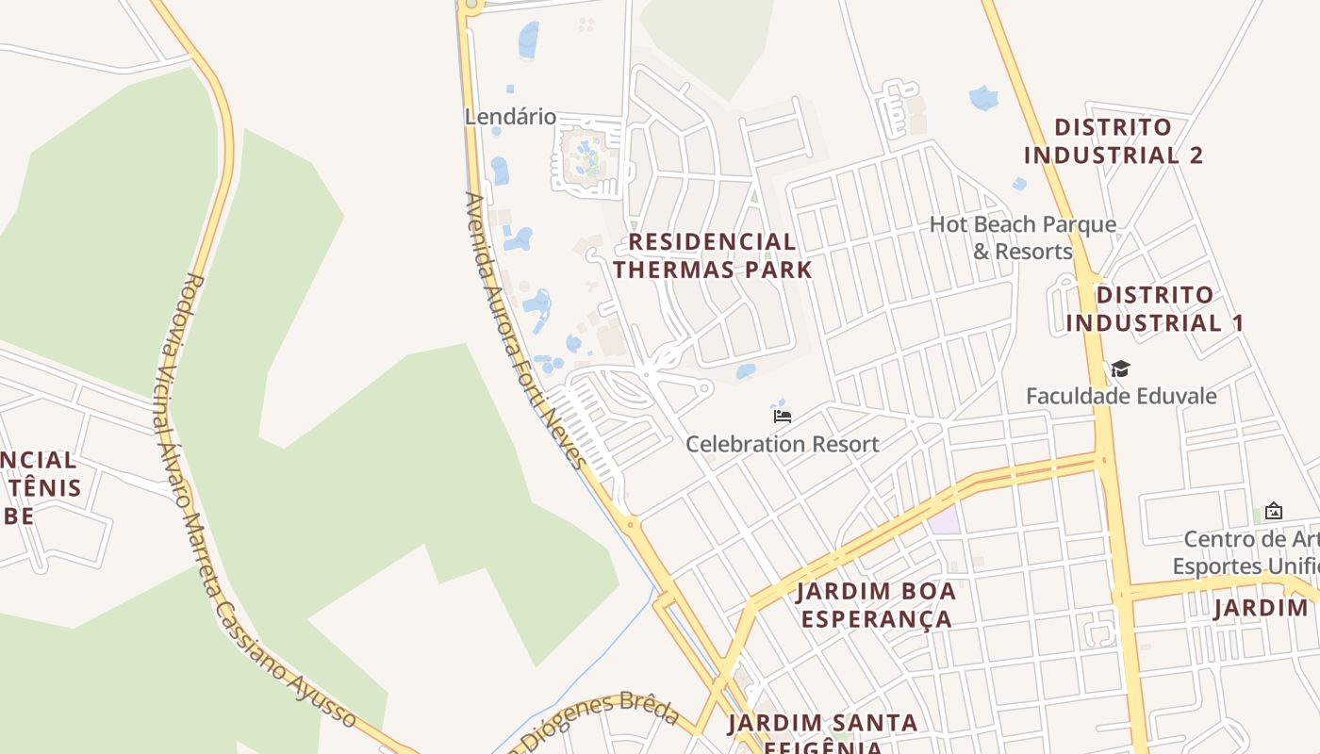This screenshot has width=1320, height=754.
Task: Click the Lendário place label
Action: click(510, 117)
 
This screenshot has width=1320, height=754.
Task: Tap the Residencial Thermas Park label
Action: click(712, 255)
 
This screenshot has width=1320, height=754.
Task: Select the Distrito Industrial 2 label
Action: click(1114, 141)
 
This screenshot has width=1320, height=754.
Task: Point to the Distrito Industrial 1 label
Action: click(1155, 309)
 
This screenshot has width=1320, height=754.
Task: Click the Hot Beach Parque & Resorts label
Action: click(1023, 238)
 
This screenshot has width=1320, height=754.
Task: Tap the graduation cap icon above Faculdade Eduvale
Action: click(1120, 369)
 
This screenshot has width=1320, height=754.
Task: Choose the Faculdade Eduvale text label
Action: click(1121, 396)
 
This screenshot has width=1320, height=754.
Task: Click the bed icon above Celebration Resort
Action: click(782, 416)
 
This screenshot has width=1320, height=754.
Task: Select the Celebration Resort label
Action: click(782, 444)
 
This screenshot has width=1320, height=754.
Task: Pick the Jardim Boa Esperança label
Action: click(876, 605)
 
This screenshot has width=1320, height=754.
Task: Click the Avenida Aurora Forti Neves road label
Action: click(524, 330)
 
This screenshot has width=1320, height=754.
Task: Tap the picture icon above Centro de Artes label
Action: click(1274, 512)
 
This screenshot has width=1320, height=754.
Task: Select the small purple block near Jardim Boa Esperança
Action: click(944, 521)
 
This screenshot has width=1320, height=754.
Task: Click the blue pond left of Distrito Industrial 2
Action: click(983, 97)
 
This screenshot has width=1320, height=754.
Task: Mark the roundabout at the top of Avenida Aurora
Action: click(470, 5)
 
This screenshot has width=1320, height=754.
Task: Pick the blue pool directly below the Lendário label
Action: click(499, 171)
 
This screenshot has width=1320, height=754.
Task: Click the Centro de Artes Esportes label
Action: click(1245, 552)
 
